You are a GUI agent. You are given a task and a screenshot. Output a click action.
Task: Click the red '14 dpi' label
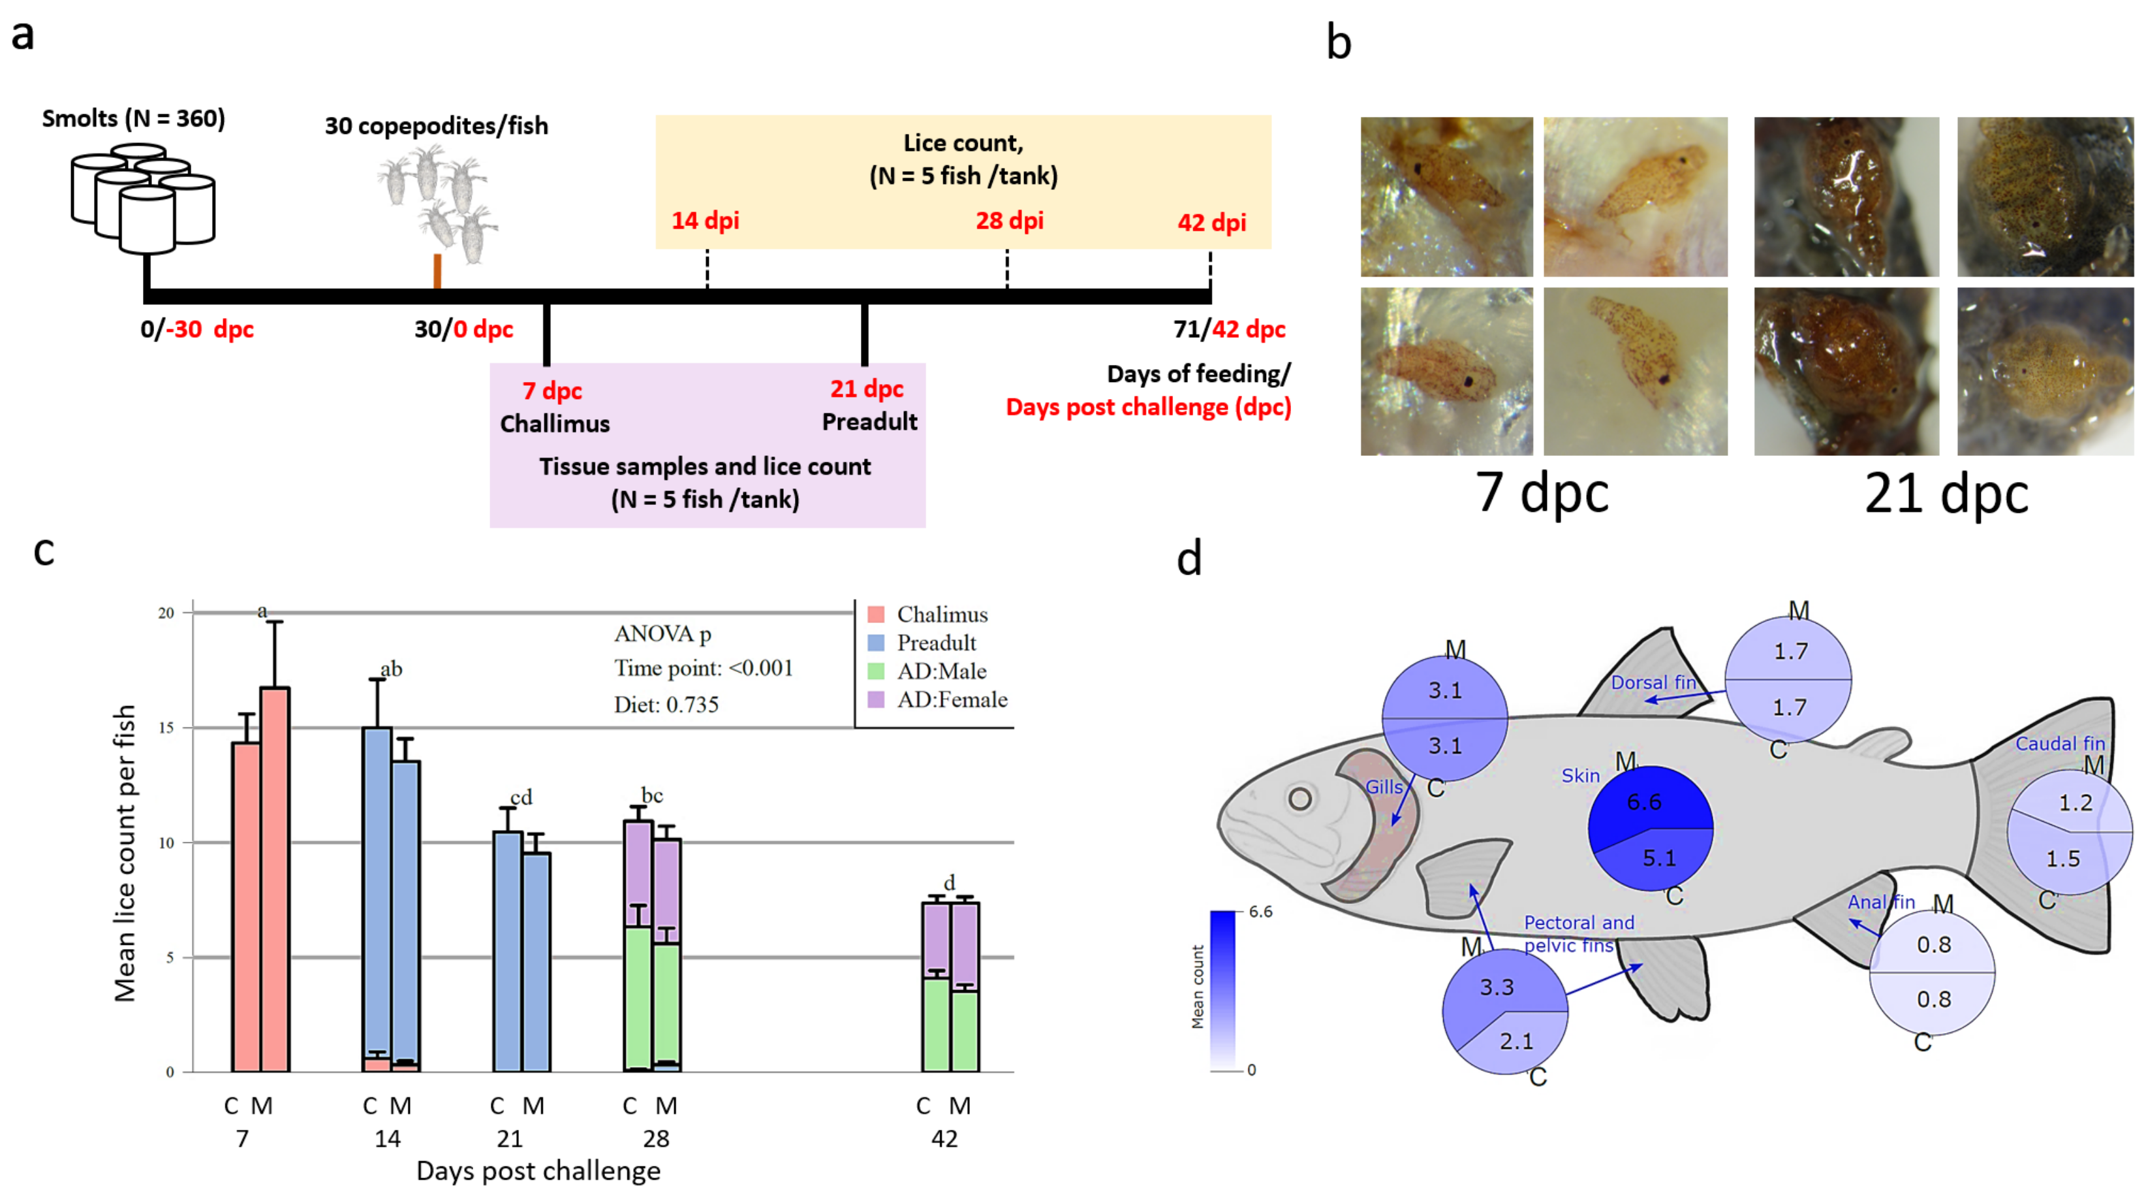pos(705,221)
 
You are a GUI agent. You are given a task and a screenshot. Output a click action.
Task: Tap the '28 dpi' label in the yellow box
pos(1009,221)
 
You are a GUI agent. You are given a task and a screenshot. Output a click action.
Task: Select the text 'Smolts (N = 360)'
pos(133,118)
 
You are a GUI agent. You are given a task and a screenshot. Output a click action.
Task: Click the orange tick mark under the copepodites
pos(437,271)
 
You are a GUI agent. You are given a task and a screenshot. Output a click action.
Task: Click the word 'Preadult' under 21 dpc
pos(869,422)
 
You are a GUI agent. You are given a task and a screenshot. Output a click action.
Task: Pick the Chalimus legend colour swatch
pos(875,615)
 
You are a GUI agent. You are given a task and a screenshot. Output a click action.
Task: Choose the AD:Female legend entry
pos(952,700)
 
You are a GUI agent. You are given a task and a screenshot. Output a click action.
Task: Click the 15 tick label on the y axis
pos(166,728)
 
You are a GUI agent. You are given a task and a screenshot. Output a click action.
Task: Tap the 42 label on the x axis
pos(944,1138)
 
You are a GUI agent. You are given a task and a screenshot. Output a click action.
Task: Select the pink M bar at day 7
pos(275,879)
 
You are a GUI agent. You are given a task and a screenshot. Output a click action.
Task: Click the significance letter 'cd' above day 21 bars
pos(521,797)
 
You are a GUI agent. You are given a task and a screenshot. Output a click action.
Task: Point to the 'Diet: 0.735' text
pos(666,705)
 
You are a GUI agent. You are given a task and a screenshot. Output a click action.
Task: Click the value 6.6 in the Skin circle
pos(1643,802)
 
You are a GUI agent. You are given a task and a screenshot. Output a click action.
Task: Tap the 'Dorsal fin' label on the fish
pos(1653,682)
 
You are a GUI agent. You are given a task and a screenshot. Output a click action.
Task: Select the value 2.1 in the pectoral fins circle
pos(1516,1041)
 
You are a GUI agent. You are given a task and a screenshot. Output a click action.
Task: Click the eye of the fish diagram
pos(1299,799)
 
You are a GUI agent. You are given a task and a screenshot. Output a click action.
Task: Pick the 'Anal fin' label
pos(1881,902)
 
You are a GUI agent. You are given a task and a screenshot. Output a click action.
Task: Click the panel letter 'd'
pos(1189,558)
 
